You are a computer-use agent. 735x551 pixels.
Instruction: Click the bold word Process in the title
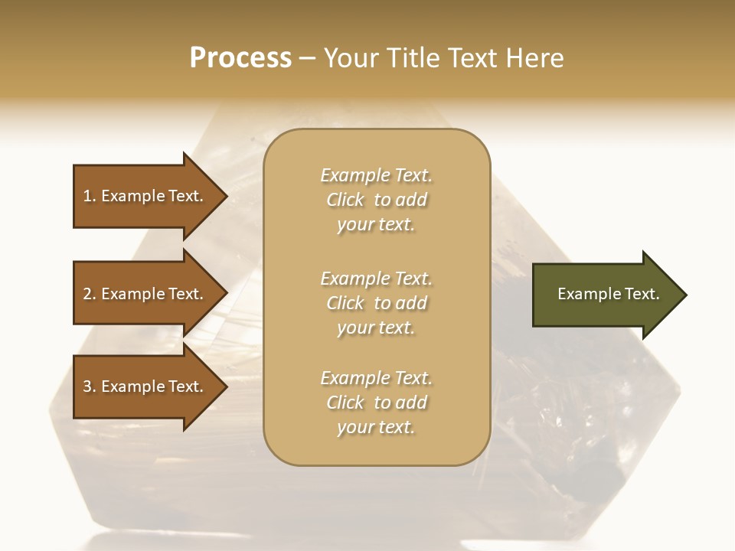pos(240,58)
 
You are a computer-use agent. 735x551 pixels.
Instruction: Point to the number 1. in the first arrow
pos(90,196)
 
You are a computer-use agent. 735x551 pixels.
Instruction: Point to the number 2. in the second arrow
pos(90,294)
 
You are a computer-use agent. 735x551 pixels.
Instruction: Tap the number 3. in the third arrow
pos(90,386)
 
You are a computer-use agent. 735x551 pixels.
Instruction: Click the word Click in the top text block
pos(345,200)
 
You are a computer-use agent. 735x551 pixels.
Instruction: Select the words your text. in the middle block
pos(376,328)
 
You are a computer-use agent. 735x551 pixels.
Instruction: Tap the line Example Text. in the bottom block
pos(376,378)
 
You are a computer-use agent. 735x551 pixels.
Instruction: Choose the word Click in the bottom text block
pos(345,403)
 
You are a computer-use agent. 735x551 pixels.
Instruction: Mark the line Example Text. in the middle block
pos(376,279)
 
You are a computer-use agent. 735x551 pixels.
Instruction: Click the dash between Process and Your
pos(308,59)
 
